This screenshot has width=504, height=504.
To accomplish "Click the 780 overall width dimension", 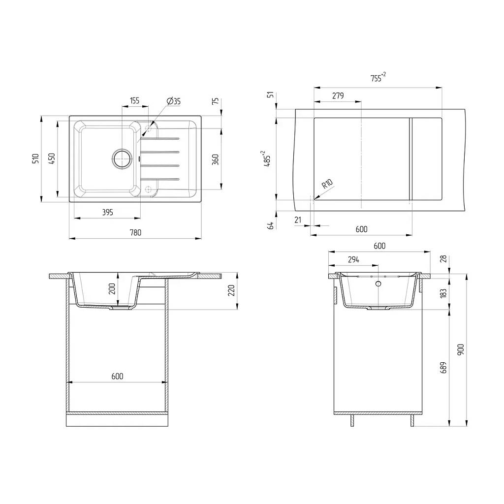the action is (135, 232).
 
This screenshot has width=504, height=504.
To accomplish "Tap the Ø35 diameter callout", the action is (174, 101).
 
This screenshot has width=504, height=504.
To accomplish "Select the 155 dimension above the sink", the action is (135, 100).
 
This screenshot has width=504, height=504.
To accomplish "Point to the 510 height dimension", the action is (35, 158).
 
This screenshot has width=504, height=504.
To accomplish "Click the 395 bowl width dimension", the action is (107, 212).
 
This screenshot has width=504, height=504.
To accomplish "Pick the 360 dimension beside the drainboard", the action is (216, 159).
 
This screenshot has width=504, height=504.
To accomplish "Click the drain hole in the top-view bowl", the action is (122, 158).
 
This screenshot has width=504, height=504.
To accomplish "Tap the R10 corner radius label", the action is (327, 184).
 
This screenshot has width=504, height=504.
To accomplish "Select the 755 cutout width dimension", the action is (378, 77).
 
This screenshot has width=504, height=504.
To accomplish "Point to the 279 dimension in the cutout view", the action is (338, 95).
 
